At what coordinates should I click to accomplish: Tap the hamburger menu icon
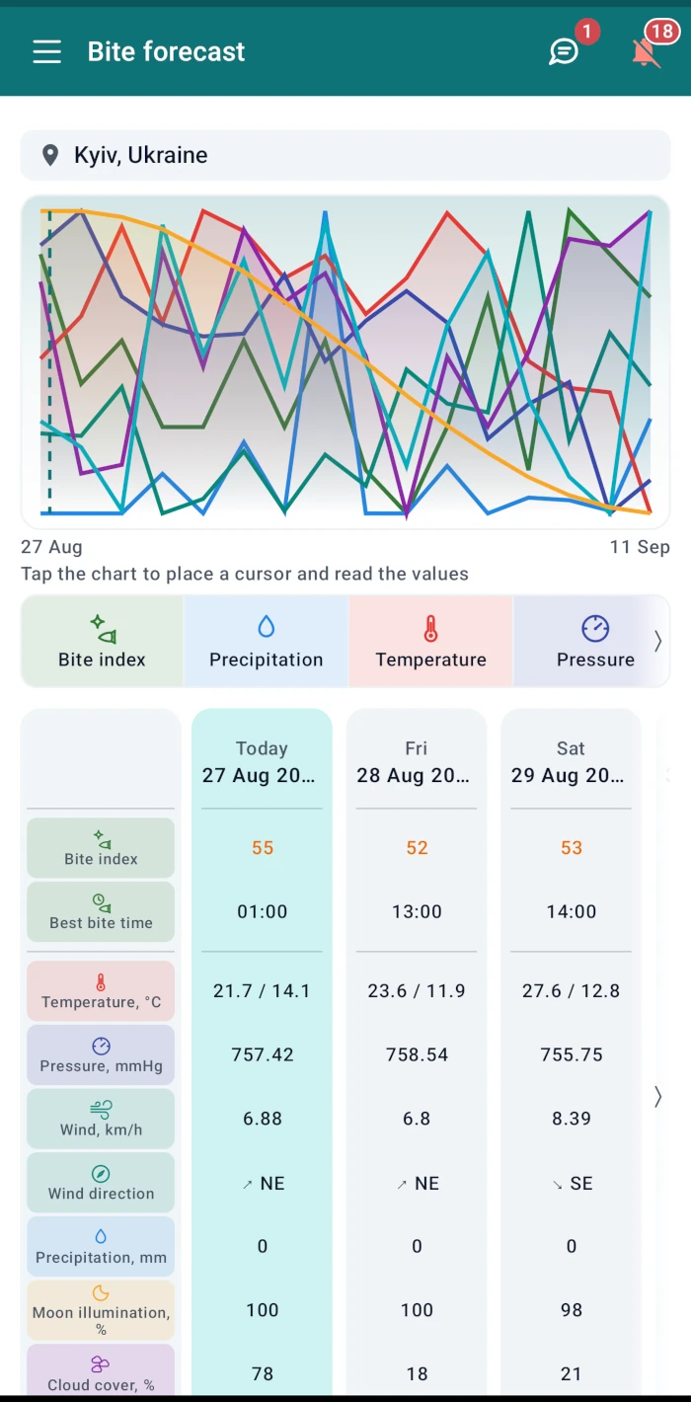coord(47,51)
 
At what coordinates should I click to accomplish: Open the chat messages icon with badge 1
coord(564,51)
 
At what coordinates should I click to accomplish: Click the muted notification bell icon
coord(646,52)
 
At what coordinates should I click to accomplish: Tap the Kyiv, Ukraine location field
coord(345,155)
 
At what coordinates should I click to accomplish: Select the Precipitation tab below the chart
coord(266,641)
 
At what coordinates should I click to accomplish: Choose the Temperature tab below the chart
coord(430,641)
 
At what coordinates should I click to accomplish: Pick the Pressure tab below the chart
coord(595,641)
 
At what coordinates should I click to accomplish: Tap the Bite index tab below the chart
coord(102,641)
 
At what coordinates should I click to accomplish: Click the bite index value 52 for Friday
coord(417,847)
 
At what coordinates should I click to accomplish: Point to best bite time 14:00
coord(572,911)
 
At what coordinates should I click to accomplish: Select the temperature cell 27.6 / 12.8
coord(572,991)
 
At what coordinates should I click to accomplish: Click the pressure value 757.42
coord(263,1054)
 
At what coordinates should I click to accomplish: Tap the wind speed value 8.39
coord(572,1119)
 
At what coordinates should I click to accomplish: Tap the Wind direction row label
coord(101,1182)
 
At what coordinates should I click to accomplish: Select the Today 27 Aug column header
coord(262,762)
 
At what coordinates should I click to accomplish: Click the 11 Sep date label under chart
coord(640,547)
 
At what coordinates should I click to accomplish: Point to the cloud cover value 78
coord(263,1373)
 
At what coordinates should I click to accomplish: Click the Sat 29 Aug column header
coord(571,762)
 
